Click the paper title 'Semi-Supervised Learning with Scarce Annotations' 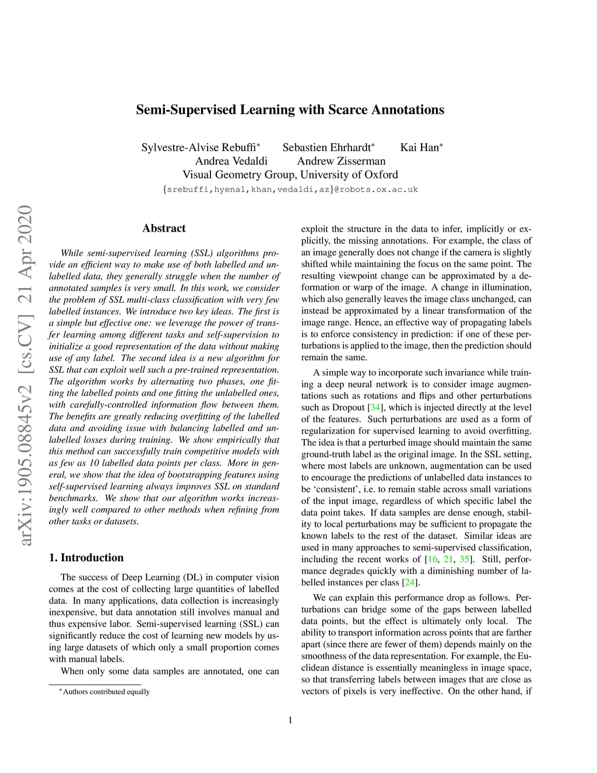290,110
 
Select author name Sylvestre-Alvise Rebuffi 198,148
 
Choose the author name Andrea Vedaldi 231,161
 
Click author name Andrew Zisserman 341,161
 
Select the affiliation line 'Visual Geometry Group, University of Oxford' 290,174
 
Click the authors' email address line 290,189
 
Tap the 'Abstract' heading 164,228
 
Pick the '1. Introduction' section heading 86,557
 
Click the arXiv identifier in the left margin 26,376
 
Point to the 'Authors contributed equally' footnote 106,692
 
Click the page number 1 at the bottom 290,720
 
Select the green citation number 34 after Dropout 375,408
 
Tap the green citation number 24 410,583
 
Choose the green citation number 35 464,559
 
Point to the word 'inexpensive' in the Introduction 72,613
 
